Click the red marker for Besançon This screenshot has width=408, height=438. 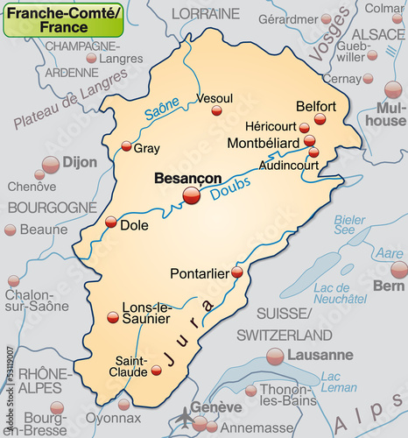pos(191,197)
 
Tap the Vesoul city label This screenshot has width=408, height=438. pos(215,99)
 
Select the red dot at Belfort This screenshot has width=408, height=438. pos(320,118)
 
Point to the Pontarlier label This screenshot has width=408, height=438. pos(199,272)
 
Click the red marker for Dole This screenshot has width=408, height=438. pos(111,223)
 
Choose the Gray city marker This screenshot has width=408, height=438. pos(126,146)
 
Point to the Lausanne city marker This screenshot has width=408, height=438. pos(275,356)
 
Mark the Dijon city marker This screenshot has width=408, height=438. pos(51,164)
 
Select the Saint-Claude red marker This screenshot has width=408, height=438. pos(157,371)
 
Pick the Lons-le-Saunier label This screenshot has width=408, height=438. pos(146,313)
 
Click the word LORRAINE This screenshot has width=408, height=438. pos(205,14)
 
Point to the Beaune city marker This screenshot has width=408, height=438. pos(11,230)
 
